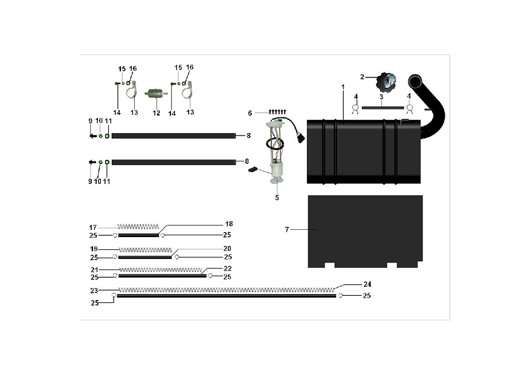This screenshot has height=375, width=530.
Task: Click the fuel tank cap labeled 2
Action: tap(386, 82)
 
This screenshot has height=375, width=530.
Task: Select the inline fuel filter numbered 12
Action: tap(156, 93)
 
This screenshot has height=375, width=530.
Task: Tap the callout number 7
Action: tap(287, 230)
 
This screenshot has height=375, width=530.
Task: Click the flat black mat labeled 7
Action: tap(365, 231)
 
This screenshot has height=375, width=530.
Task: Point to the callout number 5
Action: tap(277, 197)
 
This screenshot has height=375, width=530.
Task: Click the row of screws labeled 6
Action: tap(277, 111)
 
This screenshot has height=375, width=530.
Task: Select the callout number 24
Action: tap(367, 284)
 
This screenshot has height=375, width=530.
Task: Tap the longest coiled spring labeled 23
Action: tap(227, 290)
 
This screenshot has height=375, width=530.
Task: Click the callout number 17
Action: tap(93, 227)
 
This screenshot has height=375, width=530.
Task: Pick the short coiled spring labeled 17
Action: tap(138, 227)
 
